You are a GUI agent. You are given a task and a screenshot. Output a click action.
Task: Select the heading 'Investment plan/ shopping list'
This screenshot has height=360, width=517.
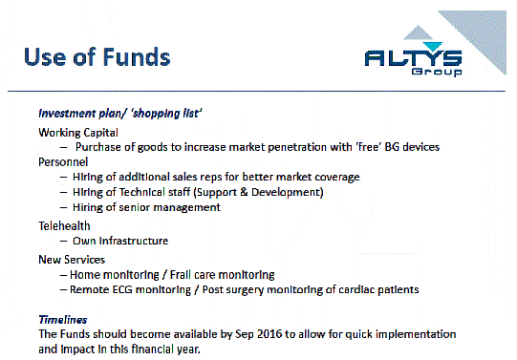(x=119, y=114)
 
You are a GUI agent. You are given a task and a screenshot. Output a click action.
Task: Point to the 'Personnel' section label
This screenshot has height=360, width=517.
(x=65, y=162)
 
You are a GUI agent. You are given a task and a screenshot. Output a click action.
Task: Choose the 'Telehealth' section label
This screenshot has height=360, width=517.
(x=67, y=225)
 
